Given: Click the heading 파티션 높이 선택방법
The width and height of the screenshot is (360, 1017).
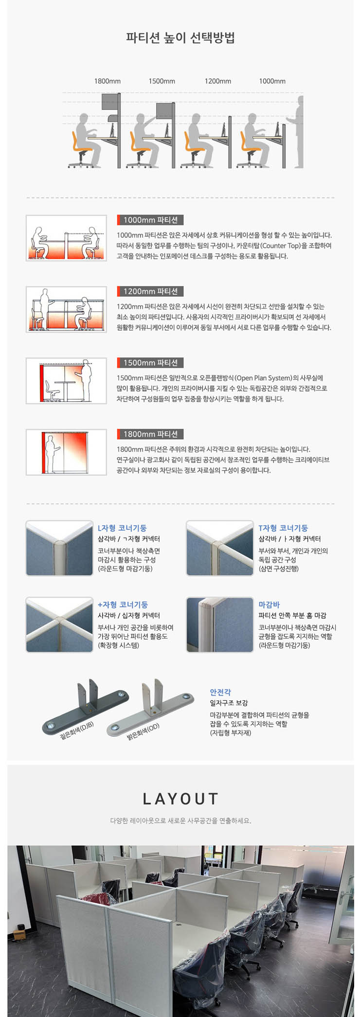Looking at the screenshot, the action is tap(180, 38).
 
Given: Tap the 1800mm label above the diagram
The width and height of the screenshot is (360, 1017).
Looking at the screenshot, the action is tap(108, 81).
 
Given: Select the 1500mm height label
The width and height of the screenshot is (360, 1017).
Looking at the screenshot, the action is tap(162, 81).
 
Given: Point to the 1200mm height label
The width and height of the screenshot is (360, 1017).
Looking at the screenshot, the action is tap(217, 81).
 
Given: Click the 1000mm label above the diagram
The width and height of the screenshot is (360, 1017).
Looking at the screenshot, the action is tap(272, 81).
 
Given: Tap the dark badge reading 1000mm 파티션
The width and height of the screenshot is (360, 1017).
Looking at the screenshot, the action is tap(150, 220).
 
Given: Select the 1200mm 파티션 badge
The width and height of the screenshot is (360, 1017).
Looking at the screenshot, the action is tap(150, 291).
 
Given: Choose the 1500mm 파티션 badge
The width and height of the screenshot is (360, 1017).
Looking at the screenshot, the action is tap(150, 363).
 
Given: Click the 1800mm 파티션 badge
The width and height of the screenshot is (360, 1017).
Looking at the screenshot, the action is tap(150, 434).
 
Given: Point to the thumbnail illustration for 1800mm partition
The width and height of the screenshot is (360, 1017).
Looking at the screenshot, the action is tap(66, 452).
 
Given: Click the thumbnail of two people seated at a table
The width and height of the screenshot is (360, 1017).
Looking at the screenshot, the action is tap(66, 238).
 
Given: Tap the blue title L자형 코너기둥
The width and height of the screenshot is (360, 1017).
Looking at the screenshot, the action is tap(122, 528).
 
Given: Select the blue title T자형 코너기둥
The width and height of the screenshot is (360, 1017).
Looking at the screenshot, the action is tap(283, 528).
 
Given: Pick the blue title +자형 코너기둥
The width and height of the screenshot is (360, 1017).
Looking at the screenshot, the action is tap(123, 605).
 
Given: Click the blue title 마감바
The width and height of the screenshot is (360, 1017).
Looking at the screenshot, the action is tap(269, 605).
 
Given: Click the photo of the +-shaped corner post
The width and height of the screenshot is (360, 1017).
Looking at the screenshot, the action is tap(59, 624).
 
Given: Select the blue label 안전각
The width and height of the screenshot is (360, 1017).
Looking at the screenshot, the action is tap(220, 692).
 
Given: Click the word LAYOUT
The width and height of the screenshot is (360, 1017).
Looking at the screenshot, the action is tap(180, 799).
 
